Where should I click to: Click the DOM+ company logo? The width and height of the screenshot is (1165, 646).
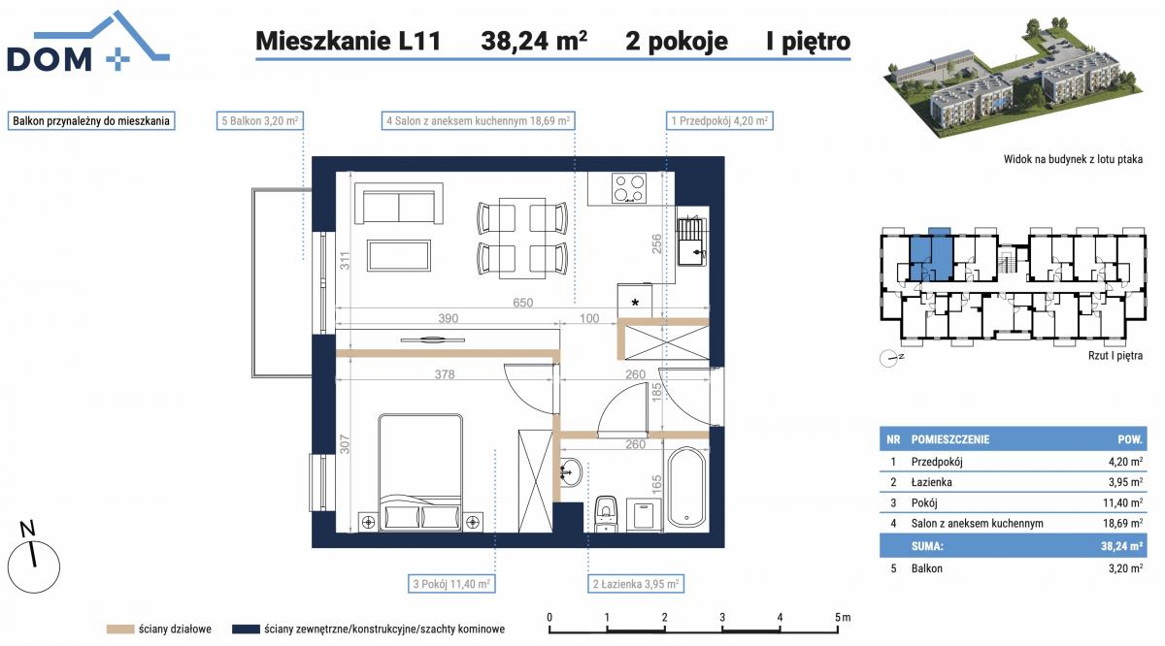[x=87, y=42]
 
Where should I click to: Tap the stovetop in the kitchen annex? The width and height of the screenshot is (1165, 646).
[x=629, y=188]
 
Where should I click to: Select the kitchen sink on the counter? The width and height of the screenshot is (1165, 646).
[x=692, y=242]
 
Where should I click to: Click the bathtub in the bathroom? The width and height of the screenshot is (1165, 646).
[x=686, y=488]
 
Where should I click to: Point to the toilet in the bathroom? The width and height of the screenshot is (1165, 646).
[x=605, y=514]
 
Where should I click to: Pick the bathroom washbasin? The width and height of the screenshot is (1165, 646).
[x=572, y=472]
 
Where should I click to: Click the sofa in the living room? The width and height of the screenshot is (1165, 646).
[x=399, y=203]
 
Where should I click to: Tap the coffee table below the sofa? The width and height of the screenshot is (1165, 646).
[x=399, y=256]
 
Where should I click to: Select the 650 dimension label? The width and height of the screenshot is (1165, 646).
[x=522, y=303]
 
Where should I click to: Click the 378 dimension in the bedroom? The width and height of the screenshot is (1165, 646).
[x=445, y=374]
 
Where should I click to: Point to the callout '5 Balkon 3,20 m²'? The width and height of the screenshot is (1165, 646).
[x=260, y=120]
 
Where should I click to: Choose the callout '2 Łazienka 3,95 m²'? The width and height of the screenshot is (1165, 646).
[x=636, y=584]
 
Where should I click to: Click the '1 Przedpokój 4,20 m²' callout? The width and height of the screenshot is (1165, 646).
[x=719, y=120]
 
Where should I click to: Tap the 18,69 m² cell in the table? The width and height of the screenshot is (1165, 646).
[x=1122, y=524]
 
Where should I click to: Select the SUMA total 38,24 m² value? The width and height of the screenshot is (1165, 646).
[x=1121, y=546]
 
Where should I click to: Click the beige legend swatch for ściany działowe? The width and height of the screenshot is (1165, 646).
[x=120, y=630]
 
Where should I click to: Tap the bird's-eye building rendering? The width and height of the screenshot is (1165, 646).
[x=1015, y=78]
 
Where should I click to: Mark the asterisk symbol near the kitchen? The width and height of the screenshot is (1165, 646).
[x=635, y=303]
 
